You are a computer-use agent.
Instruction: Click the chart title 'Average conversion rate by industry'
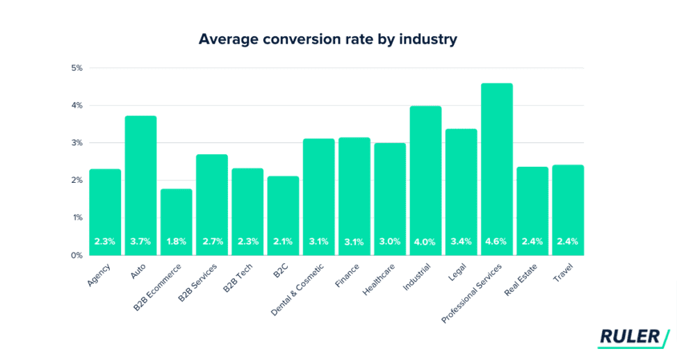327,39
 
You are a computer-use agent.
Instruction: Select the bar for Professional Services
496,167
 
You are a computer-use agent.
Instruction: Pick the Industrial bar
425,177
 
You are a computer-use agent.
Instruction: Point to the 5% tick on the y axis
76,68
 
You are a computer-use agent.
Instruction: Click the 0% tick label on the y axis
76,255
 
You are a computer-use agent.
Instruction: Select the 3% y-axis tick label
76,143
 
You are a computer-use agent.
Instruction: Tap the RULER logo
633,338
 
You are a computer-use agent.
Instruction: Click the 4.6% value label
496,242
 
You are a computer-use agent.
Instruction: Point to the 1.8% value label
176,242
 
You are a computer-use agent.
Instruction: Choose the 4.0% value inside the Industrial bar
425,242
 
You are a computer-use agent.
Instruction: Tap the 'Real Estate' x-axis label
522,279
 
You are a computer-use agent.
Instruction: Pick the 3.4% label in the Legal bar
461,242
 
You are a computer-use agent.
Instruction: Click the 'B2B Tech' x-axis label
238,277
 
